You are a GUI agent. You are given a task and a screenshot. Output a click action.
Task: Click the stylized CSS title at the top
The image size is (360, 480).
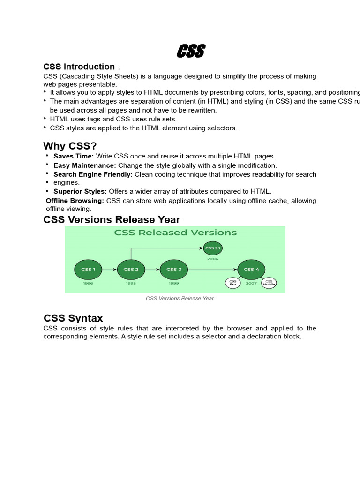pyautogui.click(x=191, y=51)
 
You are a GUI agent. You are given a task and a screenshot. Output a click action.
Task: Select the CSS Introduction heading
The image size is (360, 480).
pyautogui.click(x=79, y=67)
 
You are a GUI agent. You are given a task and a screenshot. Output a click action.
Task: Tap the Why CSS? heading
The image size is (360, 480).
pyautogui.click(x=70, y=146)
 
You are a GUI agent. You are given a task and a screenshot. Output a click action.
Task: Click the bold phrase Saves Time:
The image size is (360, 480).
pyautogui.click(x=74, y=156)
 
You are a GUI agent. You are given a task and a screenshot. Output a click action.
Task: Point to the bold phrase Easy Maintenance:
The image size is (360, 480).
pyautogui.click(x=85, y=165)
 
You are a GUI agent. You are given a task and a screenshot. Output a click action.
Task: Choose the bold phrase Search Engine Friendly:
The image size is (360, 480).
pyautogui.click(x=93, y=174)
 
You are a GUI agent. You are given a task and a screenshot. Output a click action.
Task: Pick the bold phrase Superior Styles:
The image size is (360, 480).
pyautogui.click(x=80, y=191)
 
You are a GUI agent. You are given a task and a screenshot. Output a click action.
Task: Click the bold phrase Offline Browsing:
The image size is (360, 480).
pyautogui.click(x=75, y=201)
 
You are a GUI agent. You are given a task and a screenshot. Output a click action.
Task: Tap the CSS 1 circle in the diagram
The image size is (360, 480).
pyautogui.click(x=88, y=270)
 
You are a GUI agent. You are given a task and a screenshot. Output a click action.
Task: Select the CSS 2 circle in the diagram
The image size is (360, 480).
pyautogui.click(x=131, y=270)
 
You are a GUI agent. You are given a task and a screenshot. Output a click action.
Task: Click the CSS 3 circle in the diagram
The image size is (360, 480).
pyautogui.click(x=174, y=270)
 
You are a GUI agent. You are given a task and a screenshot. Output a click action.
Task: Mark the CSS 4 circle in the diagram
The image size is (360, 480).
pyautogui.click(x=252, y=270)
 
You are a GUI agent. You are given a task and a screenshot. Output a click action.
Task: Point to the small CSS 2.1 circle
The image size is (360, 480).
pyautogui.click(x=212, y=248)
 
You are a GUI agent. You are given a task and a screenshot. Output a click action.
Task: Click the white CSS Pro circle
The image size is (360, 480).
pyautogui.click(x=233, y=283)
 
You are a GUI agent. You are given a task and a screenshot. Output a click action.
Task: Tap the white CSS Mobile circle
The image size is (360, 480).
pyautogui.click(x=269, y=283)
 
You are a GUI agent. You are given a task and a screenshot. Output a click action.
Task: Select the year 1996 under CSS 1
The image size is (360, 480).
pyautogui.click(x=88, y=284)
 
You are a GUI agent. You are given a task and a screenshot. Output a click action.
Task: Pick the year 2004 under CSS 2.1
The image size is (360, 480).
pyautogui.click(x=212, y=259)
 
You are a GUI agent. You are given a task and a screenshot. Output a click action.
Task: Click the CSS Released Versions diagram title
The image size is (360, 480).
pyautogui.click(x=175, y=232)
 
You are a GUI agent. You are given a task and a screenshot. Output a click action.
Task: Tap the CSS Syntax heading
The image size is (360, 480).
pyautogui.click(x=73, y=319)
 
